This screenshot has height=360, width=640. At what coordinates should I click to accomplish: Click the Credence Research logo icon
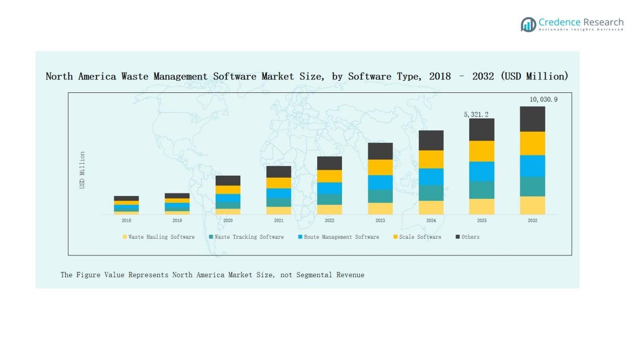(x=528, y=24)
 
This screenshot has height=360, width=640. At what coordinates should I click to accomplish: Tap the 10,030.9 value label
(x=544, y=99)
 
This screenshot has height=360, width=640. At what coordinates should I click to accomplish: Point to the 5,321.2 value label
(x=476, y=115)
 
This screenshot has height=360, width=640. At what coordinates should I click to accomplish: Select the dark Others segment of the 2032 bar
(x=532, y=119)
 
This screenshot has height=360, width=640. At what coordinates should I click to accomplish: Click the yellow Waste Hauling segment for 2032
(x=532, y=205)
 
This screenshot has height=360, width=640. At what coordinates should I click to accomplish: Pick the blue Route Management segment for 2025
(x=481, y=171)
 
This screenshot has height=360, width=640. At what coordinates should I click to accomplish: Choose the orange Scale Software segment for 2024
(x=431, y=159)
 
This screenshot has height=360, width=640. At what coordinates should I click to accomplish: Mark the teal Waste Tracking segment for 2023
(x=380, y=196)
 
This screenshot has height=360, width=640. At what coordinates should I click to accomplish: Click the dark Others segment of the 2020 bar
(x=228, y=180)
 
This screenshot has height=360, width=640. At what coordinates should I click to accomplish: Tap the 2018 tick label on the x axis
(x=126, y=221)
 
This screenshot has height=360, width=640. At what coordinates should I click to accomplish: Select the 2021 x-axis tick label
(x=278, y=221)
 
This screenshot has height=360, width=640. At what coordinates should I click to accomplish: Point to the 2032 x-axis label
(x=532, y=221)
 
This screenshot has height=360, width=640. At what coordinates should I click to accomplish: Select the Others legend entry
(x=470, y=237)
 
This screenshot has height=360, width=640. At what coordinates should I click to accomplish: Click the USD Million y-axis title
(x=82, y=170)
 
